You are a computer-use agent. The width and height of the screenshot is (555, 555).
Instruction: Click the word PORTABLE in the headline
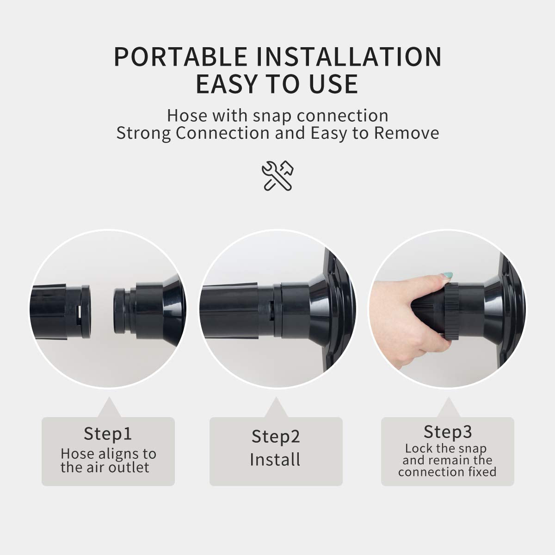tap(181, 56)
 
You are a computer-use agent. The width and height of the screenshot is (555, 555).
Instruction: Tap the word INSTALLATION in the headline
tap(349, 56)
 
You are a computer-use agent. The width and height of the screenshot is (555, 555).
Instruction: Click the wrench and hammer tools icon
tap(277, 176)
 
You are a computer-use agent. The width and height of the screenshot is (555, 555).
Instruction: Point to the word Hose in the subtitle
tap(187, 116)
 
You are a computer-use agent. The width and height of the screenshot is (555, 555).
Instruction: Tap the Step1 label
tap(108, 433)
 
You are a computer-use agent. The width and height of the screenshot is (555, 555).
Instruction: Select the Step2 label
tap(276, 436)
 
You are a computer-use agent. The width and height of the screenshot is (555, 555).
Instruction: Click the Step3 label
tap(448, 432)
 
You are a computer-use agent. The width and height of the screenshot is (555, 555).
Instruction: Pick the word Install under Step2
tap(275, 459)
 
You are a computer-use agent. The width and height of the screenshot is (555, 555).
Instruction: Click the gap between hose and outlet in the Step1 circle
tap(102, 311)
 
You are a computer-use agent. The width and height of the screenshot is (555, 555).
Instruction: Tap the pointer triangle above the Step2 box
tap(276, 407)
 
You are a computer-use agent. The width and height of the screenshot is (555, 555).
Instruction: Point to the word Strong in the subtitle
tap(144, 134)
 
